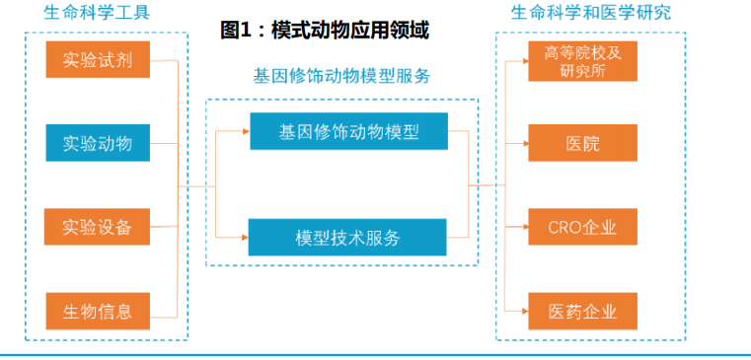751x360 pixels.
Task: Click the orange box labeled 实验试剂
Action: pos(98,59)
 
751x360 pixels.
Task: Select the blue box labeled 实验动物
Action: pos(98,143)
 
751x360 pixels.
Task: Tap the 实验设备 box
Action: pos(98,227)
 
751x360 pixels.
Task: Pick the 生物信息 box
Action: pos(98,311)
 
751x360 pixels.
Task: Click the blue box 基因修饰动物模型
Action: pos(348,131)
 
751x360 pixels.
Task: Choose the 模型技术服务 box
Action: pos(347,237)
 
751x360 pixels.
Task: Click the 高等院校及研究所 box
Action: pos(582,61)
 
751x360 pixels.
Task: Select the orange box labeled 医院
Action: pos(582,143)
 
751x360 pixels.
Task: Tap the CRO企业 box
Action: pos(582,227)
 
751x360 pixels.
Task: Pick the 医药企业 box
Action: pos(582,311)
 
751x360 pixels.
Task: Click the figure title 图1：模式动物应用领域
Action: pos(325,31)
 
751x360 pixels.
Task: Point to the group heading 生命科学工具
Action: pos(98,12)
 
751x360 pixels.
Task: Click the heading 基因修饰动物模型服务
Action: pos(342,76)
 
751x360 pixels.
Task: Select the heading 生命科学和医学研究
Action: pos(591,12)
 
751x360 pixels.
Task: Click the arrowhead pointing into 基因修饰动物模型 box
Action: pos(246,131)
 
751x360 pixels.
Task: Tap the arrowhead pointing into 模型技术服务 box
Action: pos(245,237)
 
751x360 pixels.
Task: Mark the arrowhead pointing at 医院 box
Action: pos(525,143)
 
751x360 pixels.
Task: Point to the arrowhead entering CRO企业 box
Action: pos(525,227)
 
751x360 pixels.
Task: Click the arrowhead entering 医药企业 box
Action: pos(525,311)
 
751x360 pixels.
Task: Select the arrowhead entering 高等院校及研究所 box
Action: pos(525,61)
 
